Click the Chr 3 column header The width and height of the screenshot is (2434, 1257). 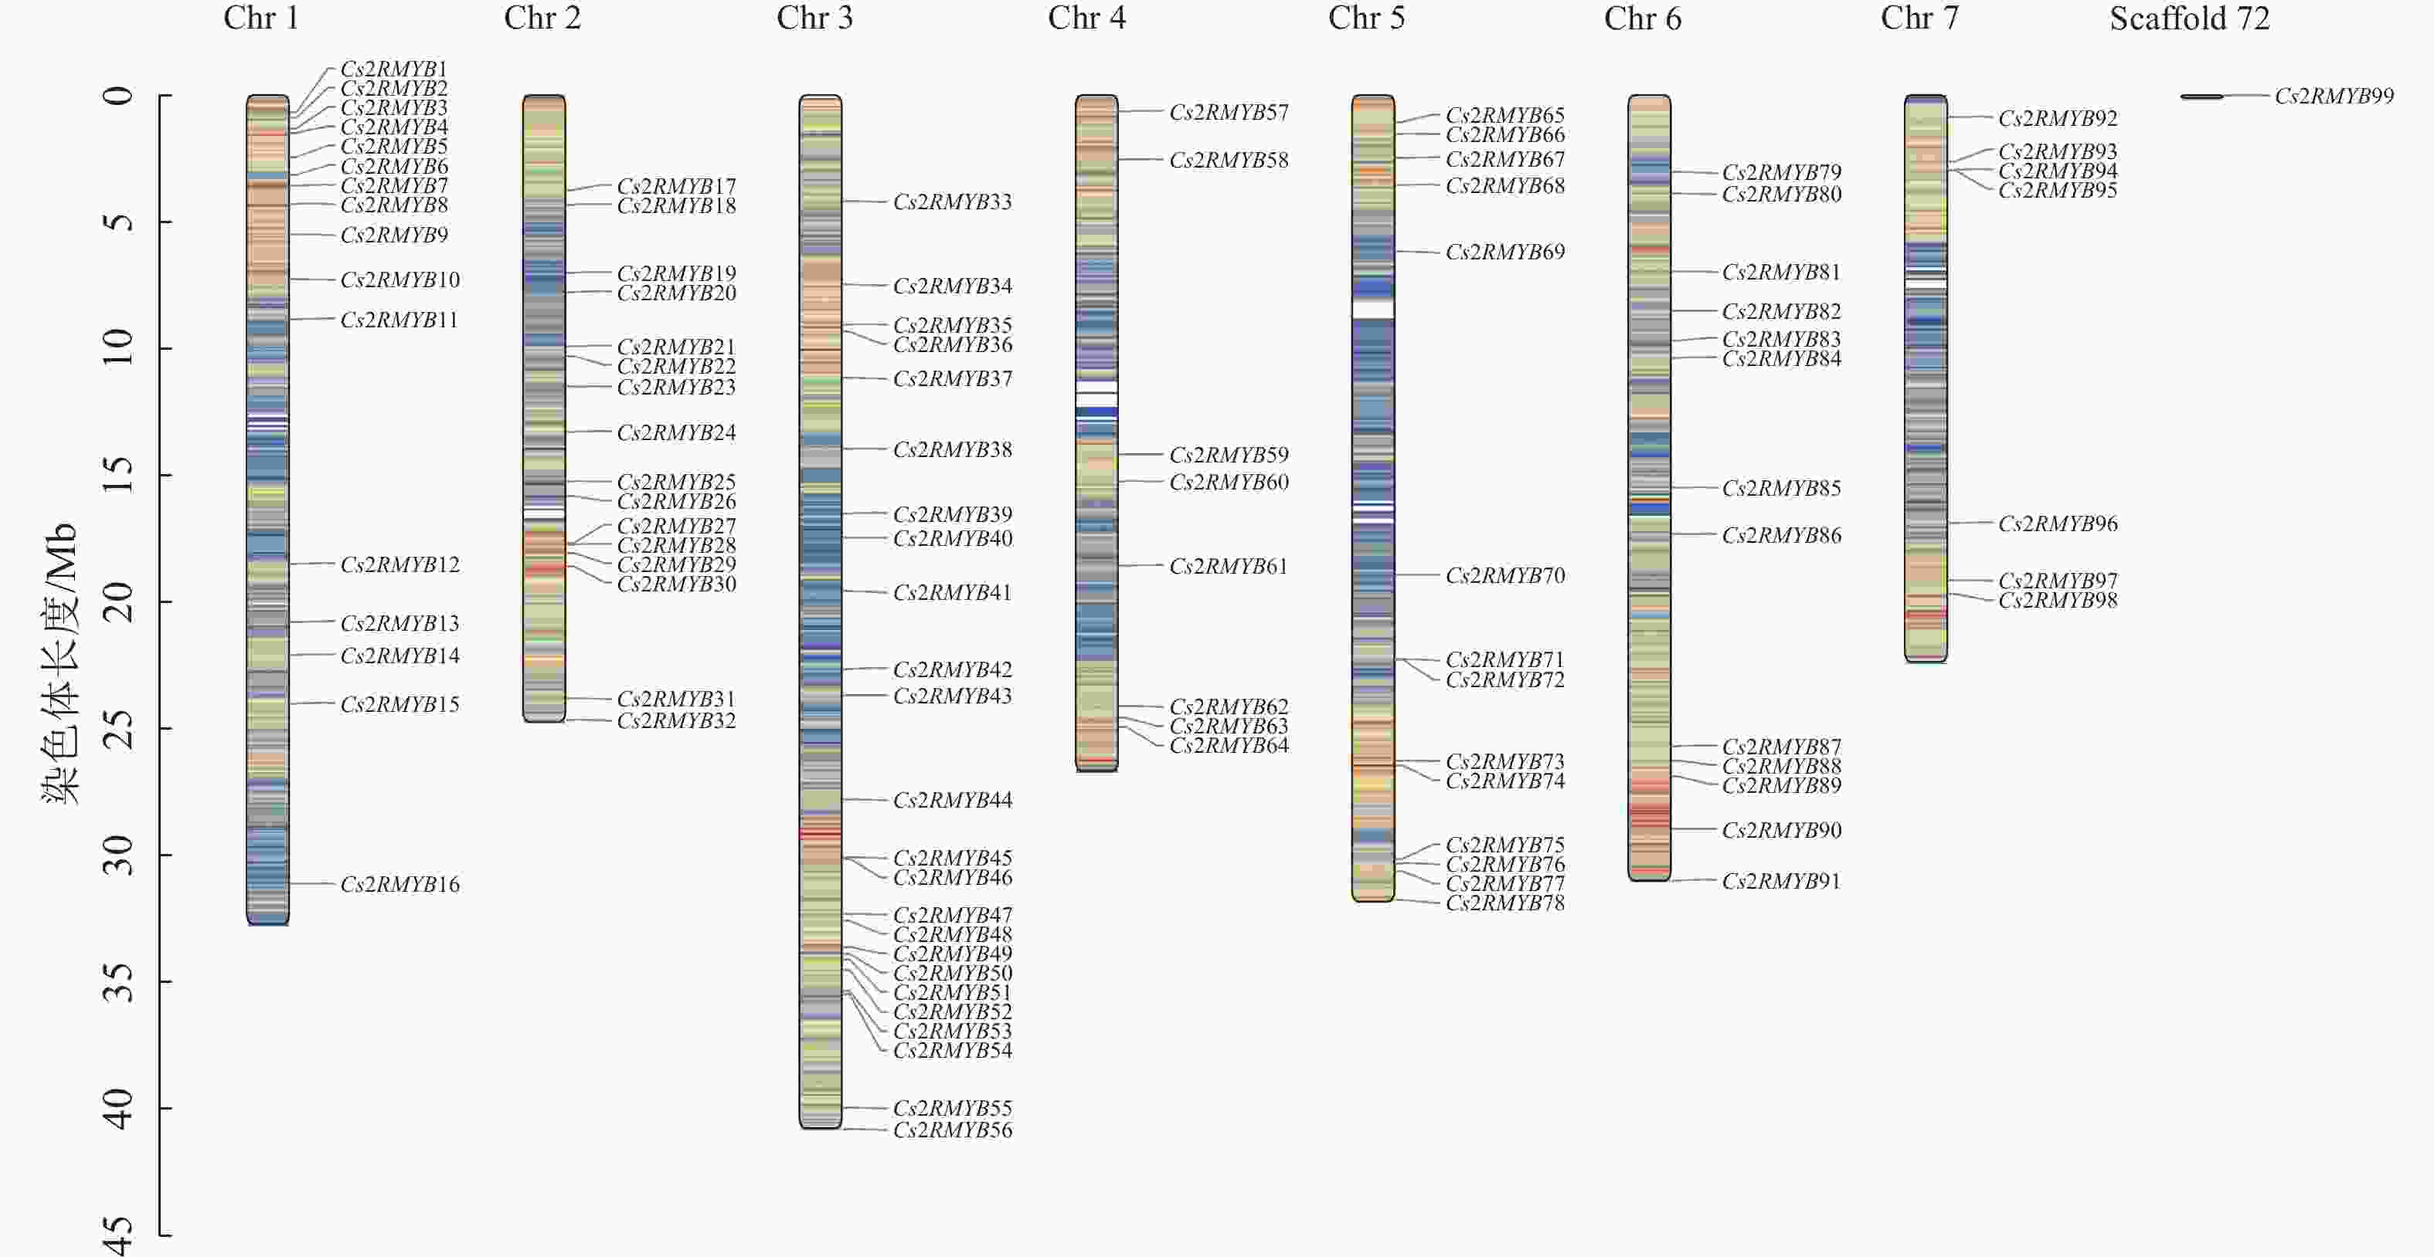point(814,18)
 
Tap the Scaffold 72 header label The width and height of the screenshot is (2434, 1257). point(2189,18)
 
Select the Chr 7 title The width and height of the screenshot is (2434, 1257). point(1919,18)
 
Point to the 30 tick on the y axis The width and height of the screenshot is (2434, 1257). point(118,855)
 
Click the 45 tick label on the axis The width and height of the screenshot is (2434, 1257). point(118,1235)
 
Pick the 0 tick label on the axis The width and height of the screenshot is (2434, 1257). point(118,96)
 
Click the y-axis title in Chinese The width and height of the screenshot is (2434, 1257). point(59,663)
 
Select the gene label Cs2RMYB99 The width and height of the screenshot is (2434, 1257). point(2334,96)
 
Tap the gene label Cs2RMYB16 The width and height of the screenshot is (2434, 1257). point(399,884)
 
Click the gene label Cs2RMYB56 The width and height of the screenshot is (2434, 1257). point(953,1130)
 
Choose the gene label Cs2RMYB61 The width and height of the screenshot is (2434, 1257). point(1229,566)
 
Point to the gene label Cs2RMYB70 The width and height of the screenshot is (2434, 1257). point(1505,575)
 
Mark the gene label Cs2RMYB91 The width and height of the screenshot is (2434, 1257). point(1781,880)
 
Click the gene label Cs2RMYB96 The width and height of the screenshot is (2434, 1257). point(2058,523)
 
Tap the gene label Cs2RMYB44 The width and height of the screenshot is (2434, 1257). point(953,800)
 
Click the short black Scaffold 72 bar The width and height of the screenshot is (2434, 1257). point(2201,97)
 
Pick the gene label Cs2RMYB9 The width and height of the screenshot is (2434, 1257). point(394,234)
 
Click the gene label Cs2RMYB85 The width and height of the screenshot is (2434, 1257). point(1781,488)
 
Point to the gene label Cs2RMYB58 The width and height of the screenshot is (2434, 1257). point(1229,160)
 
